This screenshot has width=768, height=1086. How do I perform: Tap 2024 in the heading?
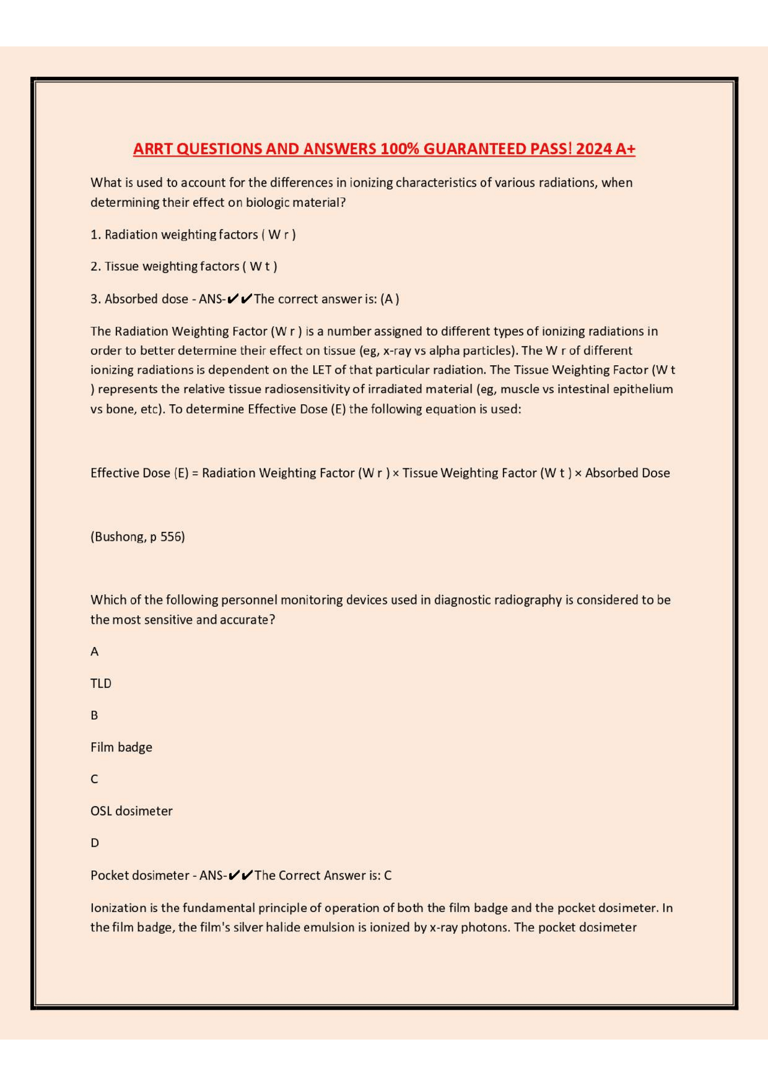click(593, 149)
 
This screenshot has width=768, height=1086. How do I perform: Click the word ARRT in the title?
click(153, 149)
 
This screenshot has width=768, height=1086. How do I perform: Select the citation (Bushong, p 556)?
click(137, 537)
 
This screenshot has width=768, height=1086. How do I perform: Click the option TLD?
click(101, 684)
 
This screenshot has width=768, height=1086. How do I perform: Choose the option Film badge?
click(121, 747)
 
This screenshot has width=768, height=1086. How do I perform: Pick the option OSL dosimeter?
click(131, 811)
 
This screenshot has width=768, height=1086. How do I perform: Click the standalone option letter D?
click(95, 843)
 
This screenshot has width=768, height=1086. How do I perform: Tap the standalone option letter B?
click(94, 715)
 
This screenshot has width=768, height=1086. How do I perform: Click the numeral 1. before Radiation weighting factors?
click(95, 234)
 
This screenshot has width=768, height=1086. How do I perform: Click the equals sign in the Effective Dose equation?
click(195, 473)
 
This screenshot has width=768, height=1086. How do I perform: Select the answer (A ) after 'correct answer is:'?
click(389, 299)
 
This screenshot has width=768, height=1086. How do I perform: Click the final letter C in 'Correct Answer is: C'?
click(388, 876)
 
